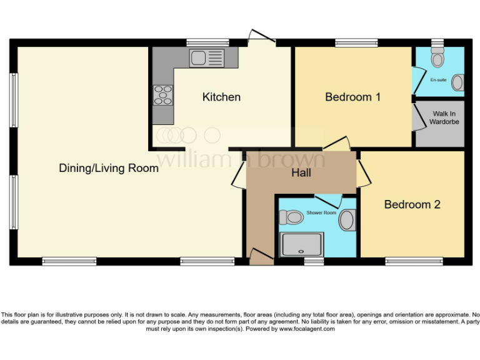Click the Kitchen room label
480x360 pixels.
(221, 97)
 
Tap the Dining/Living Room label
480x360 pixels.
(109, 168)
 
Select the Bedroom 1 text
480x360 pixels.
(353, 97)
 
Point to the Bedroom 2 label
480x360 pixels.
(412, 204)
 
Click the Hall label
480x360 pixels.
(301, 172)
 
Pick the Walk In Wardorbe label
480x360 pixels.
(444, 117)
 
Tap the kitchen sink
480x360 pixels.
(206, 59)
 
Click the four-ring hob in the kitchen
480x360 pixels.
(163, 94)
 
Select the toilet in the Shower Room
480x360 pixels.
(291, 217)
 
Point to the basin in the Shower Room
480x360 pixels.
(347, 219)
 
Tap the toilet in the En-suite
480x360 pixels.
(437, 59)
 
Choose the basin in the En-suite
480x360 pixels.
(459, 82)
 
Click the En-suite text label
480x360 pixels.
(438, 80)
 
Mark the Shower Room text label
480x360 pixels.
(321, 213)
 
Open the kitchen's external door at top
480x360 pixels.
(262, 36)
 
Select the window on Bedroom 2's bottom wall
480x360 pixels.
(414, 261)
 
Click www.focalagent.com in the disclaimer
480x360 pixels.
(306, 329)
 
